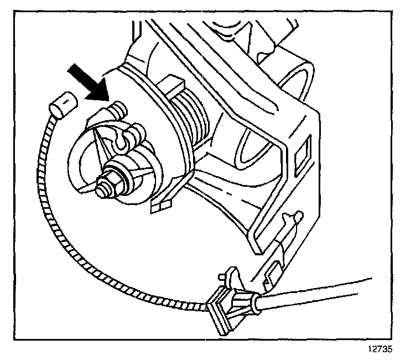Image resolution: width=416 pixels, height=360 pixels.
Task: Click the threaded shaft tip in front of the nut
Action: click(x=102, y=189)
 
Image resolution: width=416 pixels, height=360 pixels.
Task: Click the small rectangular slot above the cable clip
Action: click(x=272, y=271)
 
